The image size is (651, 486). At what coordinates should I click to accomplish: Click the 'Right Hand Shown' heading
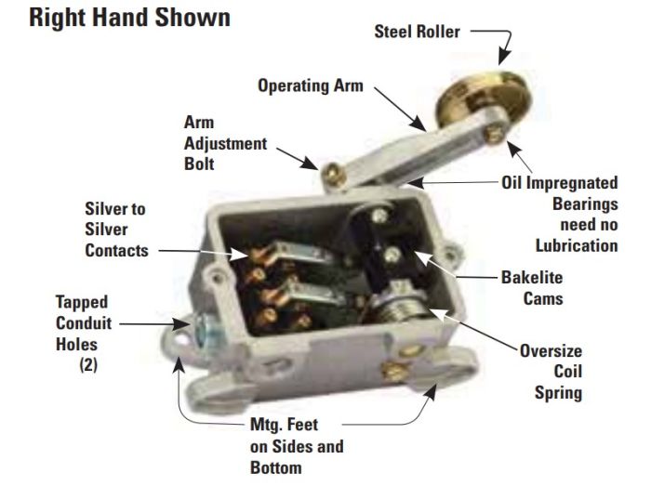tap(129, 18)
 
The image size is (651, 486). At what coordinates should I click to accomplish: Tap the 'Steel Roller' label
tap(417, 32)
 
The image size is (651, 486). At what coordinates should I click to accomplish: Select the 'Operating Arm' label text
tap(311, 85)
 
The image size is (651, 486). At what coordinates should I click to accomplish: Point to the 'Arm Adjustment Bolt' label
tap(225, 143)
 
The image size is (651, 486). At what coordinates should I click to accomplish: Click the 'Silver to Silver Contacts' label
tap(116, 230)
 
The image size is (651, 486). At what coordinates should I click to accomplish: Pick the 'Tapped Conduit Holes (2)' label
tap(84, 334)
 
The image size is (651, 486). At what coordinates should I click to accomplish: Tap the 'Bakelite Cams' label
tap(532, 288)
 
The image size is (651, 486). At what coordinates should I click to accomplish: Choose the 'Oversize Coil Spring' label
tap(551, 372)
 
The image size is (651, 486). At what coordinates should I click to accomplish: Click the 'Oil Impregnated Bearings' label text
tap(560, 193)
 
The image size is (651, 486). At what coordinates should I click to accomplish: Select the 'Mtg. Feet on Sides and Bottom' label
tap(297, 446)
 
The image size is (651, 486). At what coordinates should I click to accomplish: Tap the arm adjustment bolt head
tap(334, 176)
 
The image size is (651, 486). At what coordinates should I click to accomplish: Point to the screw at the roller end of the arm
tap(495, 134)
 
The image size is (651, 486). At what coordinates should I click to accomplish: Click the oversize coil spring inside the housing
tap(399, 306)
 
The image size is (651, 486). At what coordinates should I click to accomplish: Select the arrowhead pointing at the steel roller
tap(504, 57)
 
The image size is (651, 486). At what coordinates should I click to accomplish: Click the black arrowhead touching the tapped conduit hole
tap(182, 323)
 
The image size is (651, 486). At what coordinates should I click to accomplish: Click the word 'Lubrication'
tap(577, 246)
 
